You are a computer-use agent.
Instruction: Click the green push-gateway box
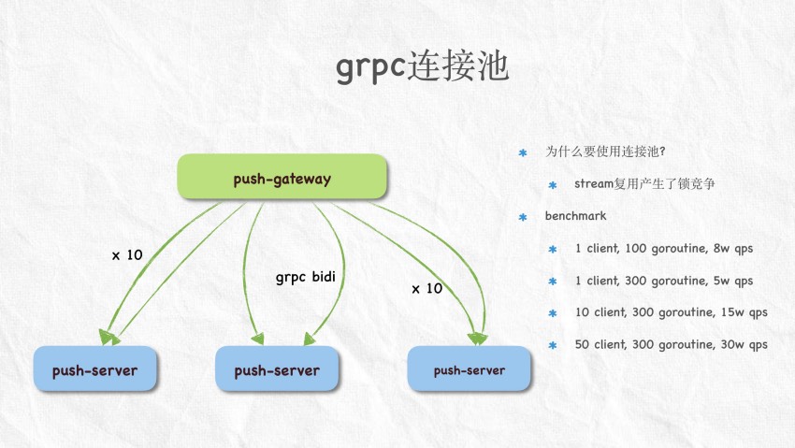pos(282,178)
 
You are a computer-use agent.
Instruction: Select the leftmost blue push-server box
pos(94,370)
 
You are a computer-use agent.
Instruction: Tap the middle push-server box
pos(277,370)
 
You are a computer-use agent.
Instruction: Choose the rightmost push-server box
pos(469,370)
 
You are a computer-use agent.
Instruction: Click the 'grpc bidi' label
pos(305,278)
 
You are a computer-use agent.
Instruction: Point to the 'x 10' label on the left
pos(127,254)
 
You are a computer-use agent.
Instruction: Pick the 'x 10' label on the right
pos(426,289)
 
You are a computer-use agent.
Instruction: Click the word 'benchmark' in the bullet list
pos(576,216)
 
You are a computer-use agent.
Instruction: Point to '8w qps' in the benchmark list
pos(731,249)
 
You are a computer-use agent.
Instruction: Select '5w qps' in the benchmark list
pos(731,281)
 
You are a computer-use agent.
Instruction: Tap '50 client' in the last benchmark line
pos(600,344)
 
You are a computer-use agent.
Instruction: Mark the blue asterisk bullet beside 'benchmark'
pos(524,217)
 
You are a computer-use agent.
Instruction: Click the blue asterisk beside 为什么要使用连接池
pos(524,152)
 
